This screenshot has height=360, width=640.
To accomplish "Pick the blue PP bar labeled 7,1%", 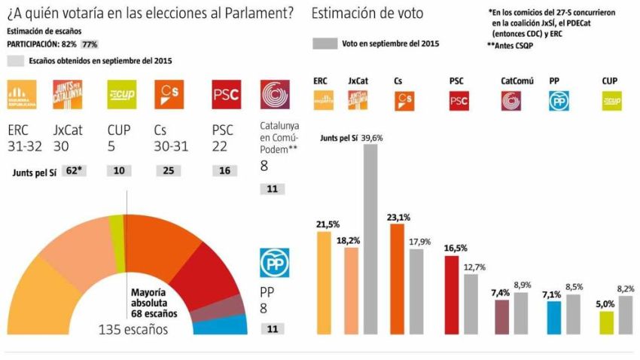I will point(553,316).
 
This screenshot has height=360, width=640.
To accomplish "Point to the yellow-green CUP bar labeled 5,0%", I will point(607,322).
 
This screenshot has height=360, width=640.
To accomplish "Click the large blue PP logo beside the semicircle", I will point(275,262).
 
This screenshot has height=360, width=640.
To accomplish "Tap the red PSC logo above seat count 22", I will point(226,94).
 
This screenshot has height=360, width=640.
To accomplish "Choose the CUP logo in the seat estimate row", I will point(122,94).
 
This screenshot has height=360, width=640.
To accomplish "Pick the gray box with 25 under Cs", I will point(168,171).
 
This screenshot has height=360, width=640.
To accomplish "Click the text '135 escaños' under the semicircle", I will point(133,329).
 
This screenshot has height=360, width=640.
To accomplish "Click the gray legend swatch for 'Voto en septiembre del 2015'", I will point(324,44).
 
